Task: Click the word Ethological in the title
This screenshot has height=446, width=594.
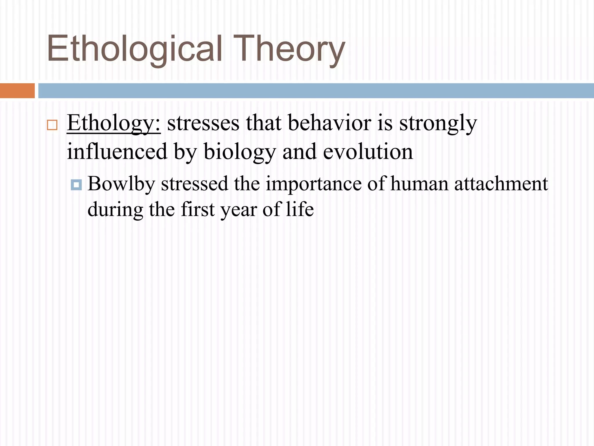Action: coord(135,49)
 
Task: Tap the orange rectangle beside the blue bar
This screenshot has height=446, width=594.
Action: coord(17,91)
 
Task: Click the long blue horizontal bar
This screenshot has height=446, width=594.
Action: coord(316,91)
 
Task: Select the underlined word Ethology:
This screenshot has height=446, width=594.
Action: coord(113,123)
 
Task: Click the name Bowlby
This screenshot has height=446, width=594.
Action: coord(121,184)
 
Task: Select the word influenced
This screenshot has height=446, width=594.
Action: coord(117,152)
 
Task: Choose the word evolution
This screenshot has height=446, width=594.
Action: coord(368,152)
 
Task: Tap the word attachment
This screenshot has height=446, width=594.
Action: coord(501,184)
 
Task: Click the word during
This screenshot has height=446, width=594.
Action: coord(115,210)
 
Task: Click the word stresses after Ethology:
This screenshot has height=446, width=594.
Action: coord(203,123)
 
